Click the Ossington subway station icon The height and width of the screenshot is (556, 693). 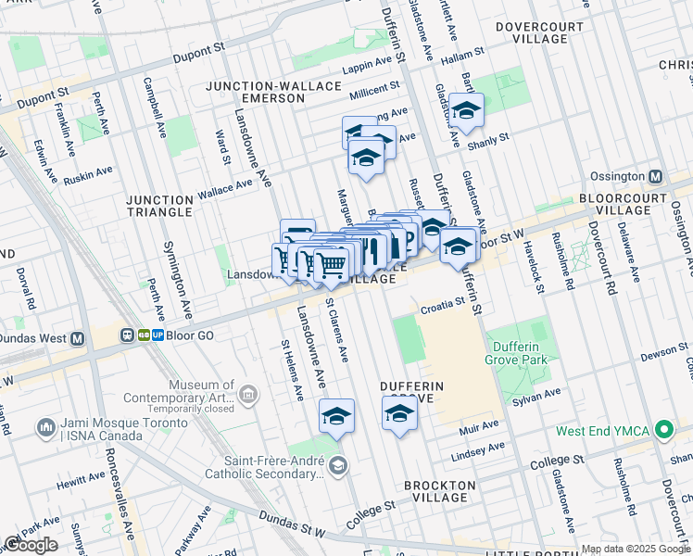(x=656, y=176)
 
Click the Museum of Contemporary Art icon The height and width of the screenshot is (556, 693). (x=247, y=396)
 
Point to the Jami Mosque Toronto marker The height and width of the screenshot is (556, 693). (x=44, y=428)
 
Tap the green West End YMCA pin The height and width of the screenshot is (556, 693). (x=662, y=431)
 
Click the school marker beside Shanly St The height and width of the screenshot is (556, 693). (x=466, y=112)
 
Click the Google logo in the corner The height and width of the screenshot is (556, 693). (x=31, y=545)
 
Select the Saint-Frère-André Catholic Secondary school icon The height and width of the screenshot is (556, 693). (x=338, y=465)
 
